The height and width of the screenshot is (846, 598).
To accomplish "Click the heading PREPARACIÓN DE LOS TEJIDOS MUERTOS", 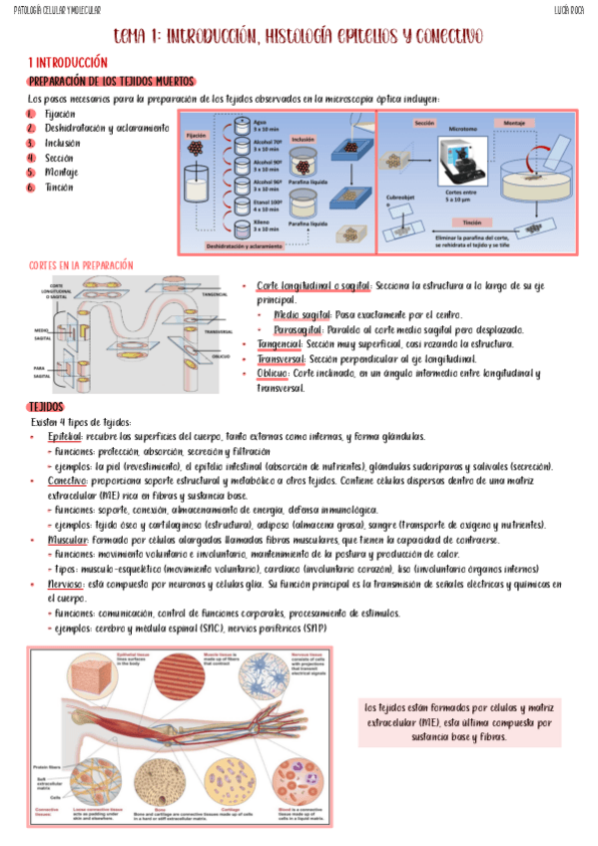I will click(x=111, y=82).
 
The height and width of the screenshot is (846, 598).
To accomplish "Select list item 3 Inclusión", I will click(x=61, y=143).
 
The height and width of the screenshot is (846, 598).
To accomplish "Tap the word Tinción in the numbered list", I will click(x=59, y=187).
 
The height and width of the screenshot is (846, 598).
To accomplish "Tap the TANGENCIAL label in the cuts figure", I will click(x=215, y=295).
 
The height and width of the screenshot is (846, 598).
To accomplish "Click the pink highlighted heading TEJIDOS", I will click(x=46, y=407).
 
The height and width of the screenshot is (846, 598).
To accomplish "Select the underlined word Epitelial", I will click(x=64, y=437).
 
